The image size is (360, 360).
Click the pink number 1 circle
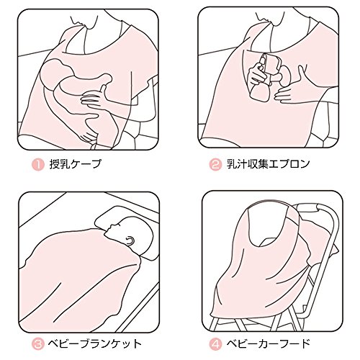(x=38, y=165)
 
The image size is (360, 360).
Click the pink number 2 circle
(x=215, y=165)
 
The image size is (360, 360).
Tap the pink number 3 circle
(x=38, y=344)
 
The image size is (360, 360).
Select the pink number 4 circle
(x=215, y=344)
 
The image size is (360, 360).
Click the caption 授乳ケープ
(x=75, y=164)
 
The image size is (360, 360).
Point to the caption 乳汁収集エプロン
(x=268, y=164)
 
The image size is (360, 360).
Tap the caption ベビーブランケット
(x=94, y=344)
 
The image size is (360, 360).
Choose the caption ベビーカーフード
(x=268, y=344)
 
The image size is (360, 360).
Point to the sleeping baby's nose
(x=110, y=225)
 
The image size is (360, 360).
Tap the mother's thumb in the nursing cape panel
(x=103, y=89)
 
